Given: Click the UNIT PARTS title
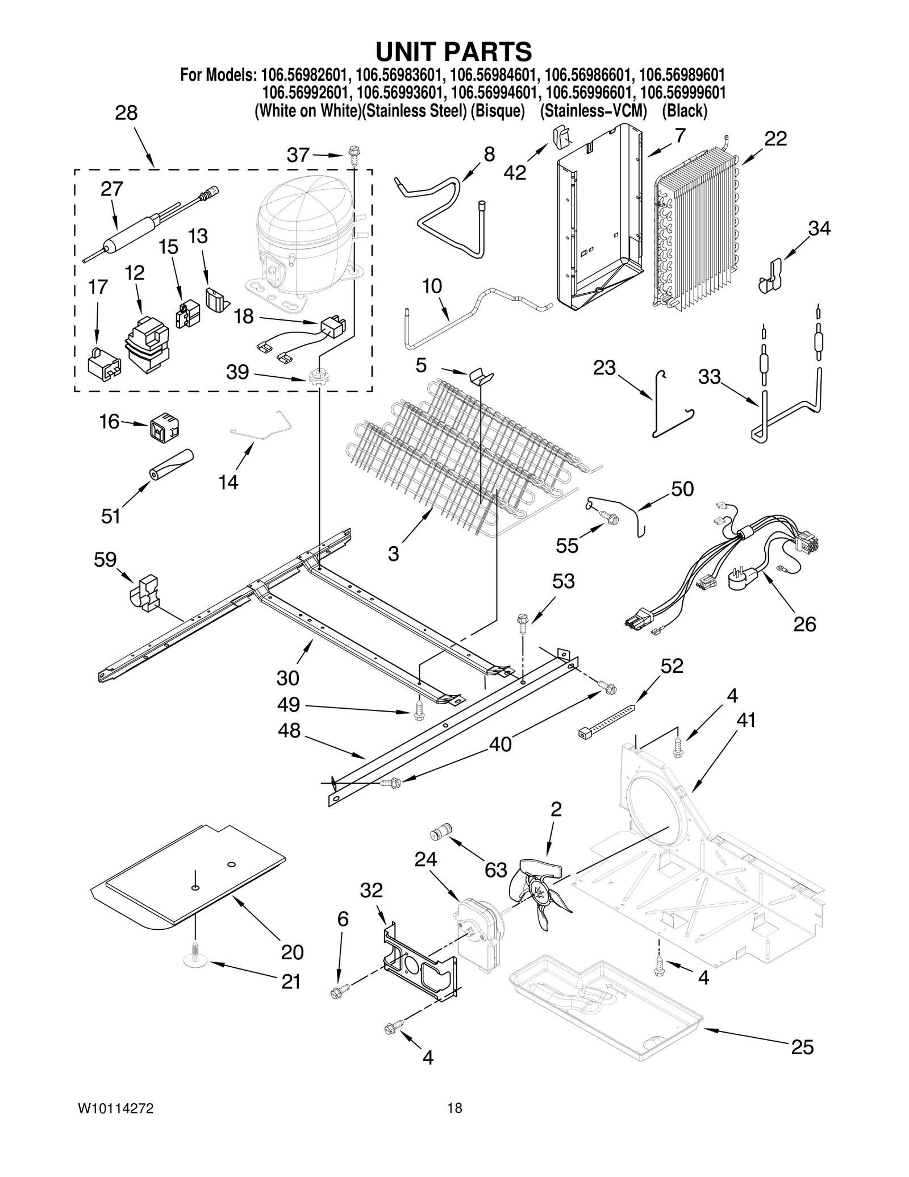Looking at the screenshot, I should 453,52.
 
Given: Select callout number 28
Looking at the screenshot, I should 126,113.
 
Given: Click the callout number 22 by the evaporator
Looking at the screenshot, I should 775,139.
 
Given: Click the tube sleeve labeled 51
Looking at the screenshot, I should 172,465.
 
